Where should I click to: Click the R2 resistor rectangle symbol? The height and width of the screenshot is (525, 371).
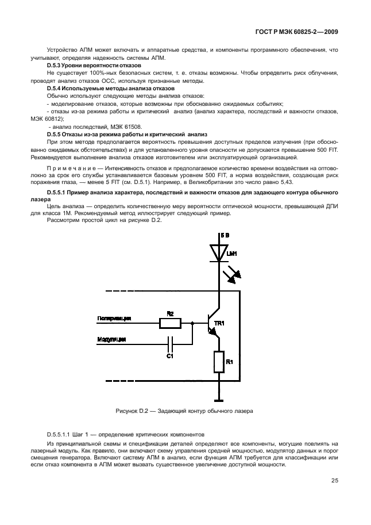(170, 324)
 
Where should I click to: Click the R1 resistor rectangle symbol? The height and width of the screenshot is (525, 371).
(219, 362)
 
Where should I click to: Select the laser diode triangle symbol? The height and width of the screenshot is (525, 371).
(219, 252)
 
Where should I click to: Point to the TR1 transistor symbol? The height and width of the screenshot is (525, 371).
(213, 325)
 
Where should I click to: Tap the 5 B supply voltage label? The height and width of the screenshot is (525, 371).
(225, 236)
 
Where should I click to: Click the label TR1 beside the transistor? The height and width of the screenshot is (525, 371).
(219, 324)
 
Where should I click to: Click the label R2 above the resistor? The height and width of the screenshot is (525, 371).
(170, 314)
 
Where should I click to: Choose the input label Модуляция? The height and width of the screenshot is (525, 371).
(111, 338)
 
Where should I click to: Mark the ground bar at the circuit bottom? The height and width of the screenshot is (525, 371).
(219, 399)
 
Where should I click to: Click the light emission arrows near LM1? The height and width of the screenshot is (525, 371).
(234, 274)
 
